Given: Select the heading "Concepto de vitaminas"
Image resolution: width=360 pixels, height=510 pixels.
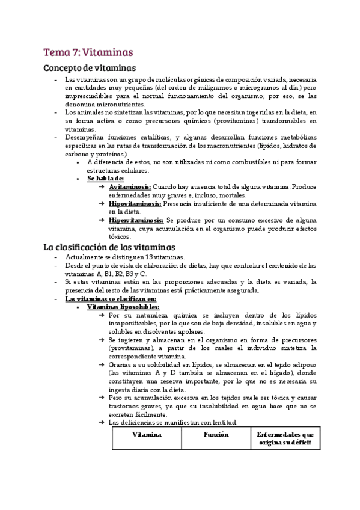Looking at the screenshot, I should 90,68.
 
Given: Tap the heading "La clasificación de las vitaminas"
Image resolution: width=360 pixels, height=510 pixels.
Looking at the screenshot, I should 109,247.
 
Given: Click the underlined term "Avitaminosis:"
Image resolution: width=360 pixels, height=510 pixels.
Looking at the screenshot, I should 129,187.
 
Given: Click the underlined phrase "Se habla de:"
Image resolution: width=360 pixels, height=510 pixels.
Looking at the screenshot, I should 105,179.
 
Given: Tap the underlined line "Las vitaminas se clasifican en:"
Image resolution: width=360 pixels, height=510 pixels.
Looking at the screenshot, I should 110,298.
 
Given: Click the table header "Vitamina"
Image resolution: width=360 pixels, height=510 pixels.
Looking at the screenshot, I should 146,434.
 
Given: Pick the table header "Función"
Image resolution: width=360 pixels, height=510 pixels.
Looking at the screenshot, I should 216,434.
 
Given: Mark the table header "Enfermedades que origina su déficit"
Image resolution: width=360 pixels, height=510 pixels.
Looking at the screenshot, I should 285,438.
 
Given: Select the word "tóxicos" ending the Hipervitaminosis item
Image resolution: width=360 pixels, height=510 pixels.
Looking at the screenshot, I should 120,237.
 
